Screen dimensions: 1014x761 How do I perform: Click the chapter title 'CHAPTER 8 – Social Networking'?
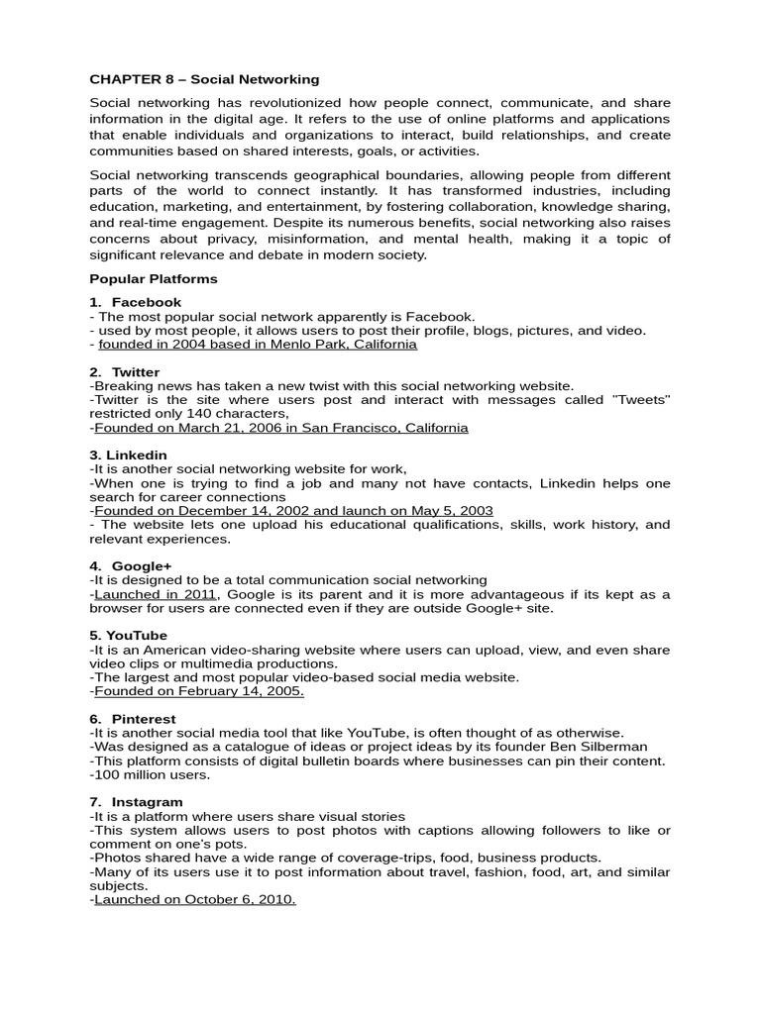point(204,78)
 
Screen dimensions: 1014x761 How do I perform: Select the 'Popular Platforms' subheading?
point(154,279)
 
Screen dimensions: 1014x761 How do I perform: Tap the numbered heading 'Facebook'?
point(147,302)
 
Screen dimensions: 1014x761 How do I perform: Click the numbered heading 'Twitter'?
point(136,372)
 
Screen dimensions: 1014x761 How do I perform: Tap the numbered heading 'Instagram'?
point(147,801)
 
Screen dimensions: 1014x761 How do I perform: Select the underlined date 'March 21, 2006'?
point(213,428)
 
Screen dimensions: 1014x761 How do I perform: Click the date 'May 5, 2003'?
point(449,511)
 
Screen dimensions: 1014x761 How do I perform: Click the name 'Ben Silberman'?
point(602,747)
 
